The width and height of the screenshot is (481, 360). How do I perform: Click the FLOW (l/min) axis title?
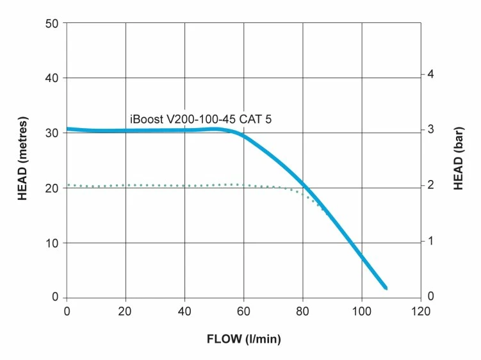tap(244, 338)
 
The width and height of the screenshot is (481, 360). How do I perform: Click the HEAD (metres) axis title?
tap(22, 159)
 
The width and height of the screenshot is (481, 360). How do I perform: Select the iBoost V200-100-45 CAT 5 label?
tap(205, 119)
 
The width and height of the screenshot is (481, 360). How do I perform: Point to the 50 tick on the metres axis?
tap(53, 24)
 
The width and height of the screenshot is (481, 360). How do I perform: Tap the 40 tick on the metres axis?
tap(53, 78)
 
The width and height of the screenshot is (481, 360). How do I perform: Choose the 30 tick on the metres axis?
tap(53, 133)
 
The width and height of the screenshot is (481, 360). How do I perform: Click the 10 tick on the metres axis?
tap(53, 243)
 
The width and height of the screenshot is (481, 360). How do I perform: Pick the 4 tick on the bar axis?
tap(431, 75)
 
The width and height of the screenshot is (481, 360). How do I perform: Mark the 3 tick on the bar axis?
tap(431, 130)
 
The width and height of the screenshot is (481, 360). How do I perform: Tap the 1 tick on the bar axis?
tap(431, 241)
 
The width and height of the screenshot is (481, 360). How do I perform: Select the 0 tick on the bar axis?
tap(431, 297)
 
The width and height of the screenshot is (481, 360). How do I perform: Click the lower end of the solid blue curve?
tap(385, 288)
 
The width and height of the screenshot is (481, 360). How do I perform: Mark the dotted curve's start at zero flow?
tap(68, 185)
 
